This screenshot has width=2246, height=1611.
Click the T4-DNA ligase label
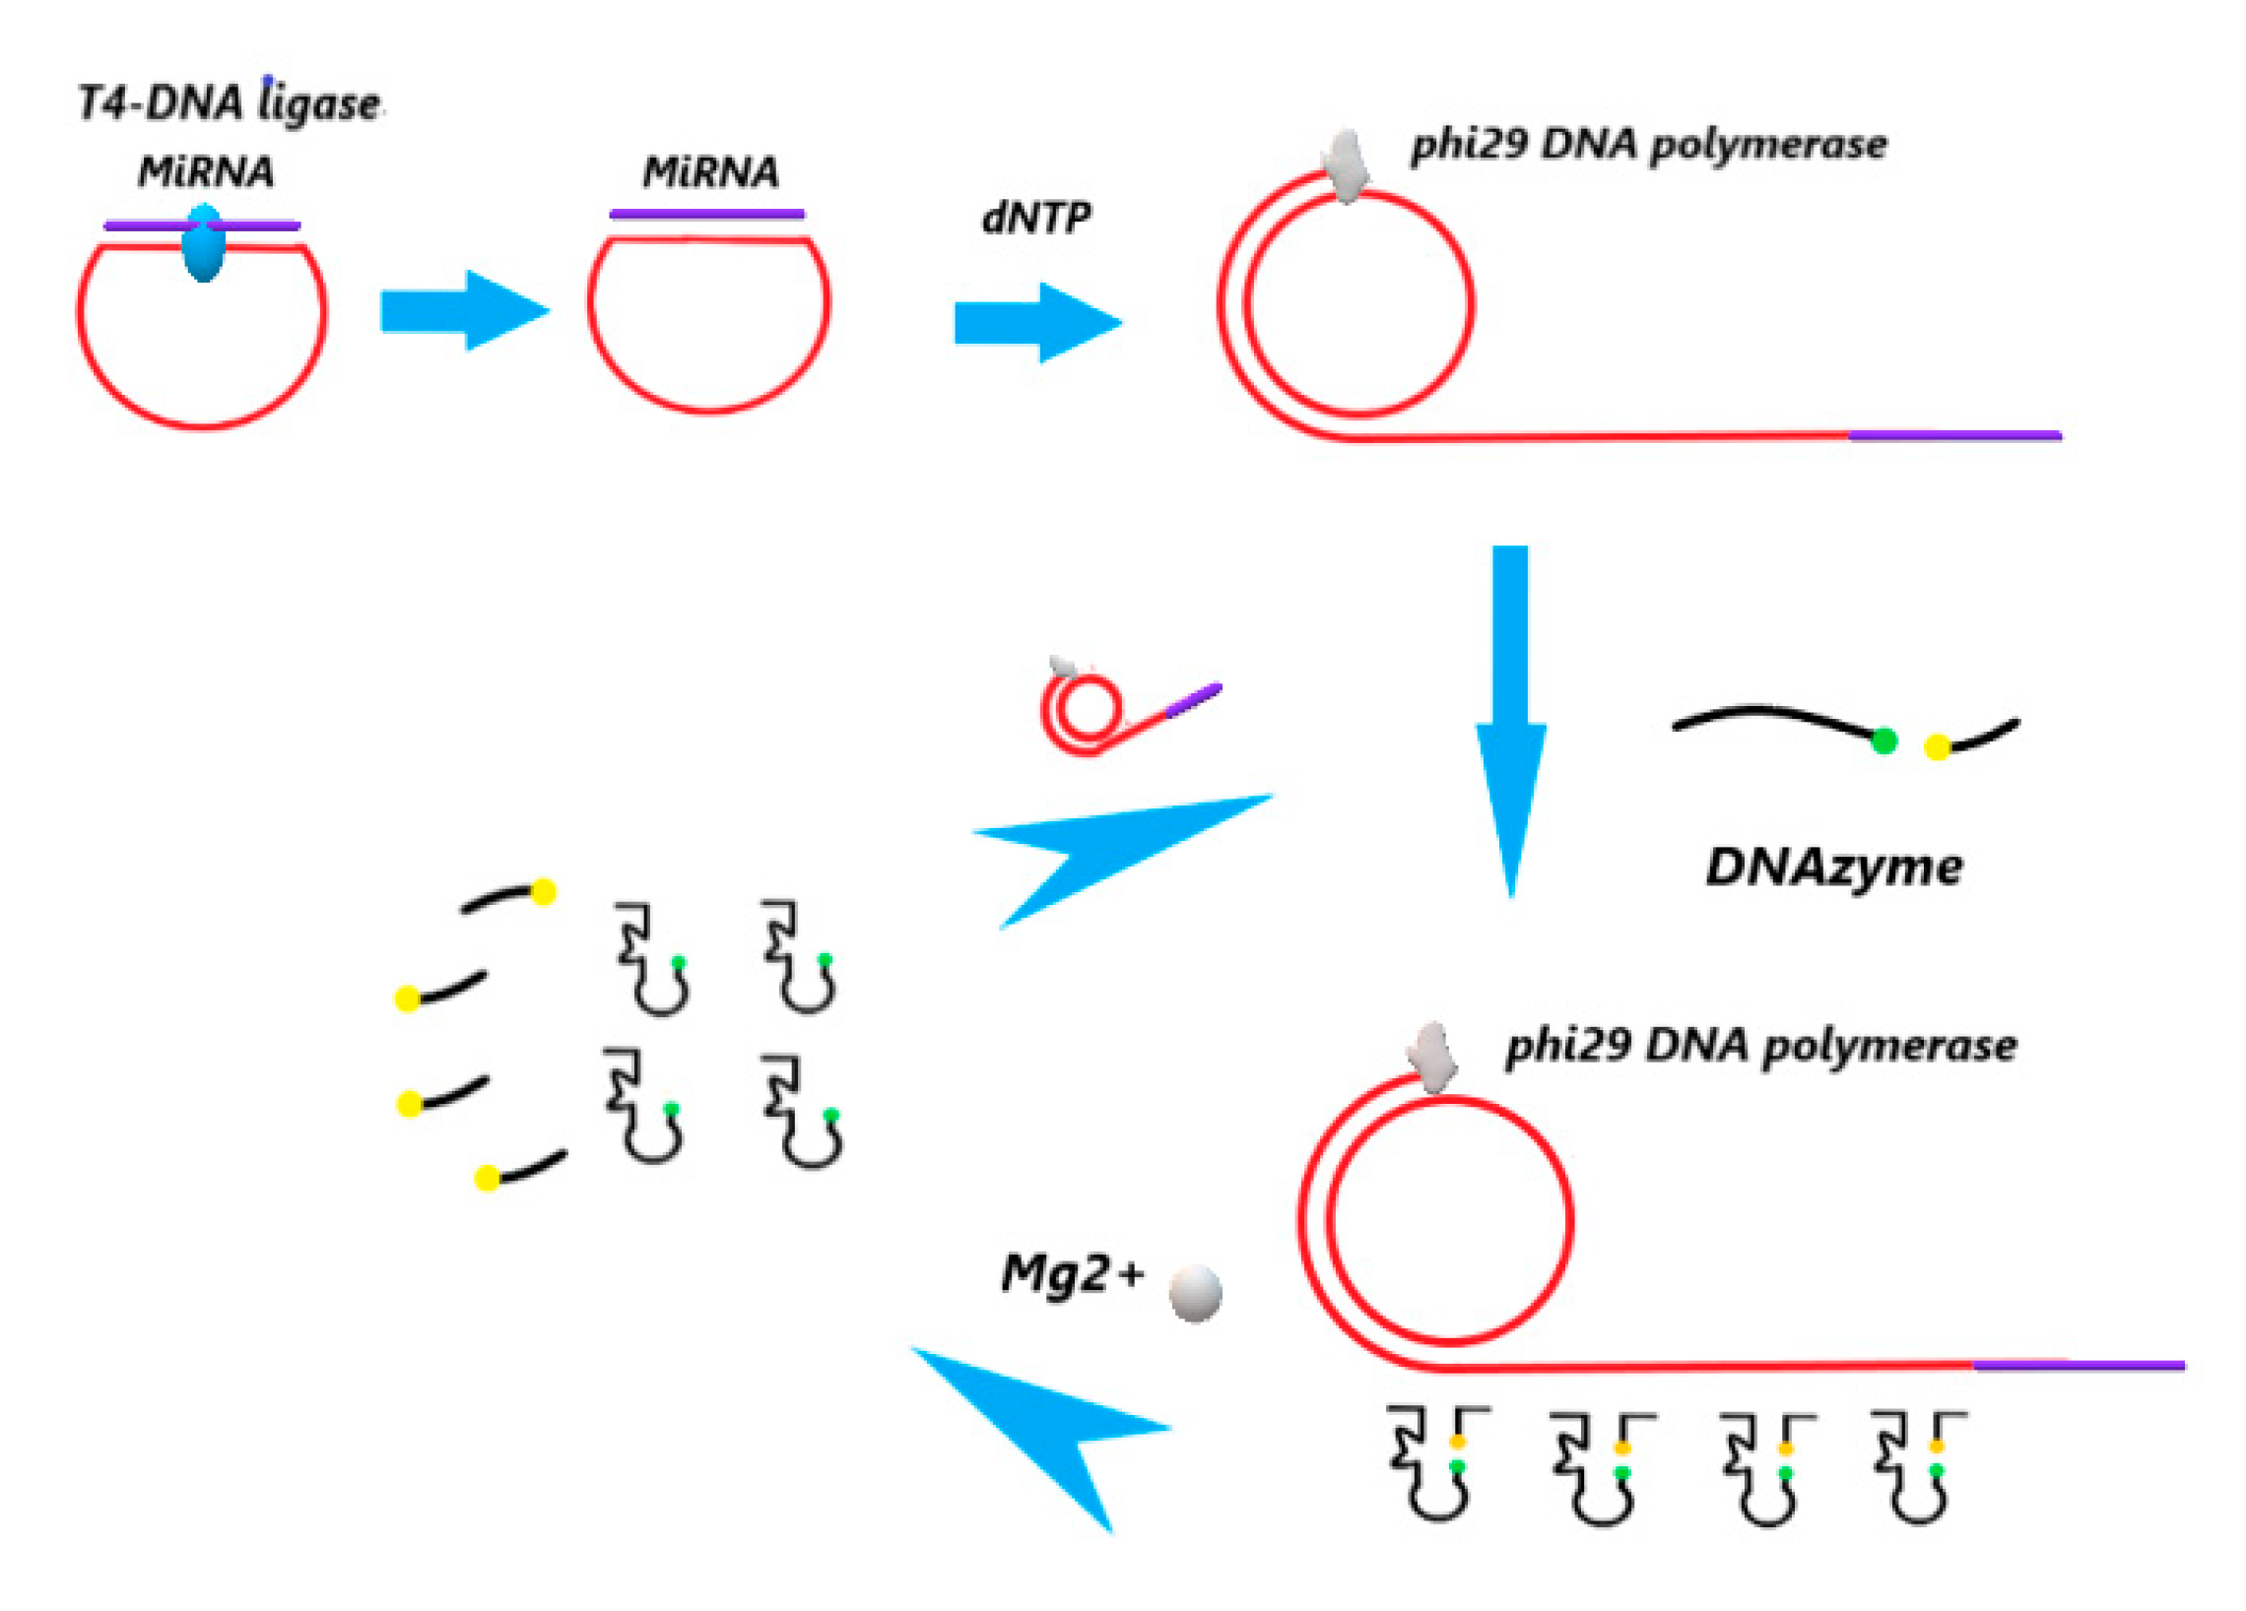pyautogui.click(x=229, y=103)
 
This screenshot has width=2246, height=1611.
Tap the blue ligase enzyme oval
pyautogui.click(x=204, y=243)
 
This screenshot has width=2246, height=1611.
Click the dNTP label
pyautogui.click(x=1036, y=218)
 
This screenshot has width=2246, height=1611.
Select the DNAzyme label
pyautogui.click(x=1834, y=868)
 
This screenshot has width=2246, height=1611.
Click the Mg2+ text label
pyautogui.click(x=1073, y=1273)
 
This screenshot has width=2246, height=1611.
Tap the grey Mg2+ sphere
pyautogui.click(x=1195, y=1293)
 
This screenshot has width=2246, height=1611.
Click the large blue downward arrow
pyautogui.click(x=1510, y=723)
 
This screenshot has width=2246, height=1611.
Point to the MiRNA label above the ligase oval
pyautogui.click(x=206, y=172)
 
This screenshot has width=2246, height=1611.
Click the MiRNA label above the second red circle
pyautogui.click(x=710, y=172)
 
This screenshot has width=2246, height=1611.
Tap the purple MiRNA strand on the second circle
pyautogui.click(x=707, y=214)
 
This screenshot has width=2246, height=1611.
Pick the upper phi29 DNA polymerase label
pyautogui.click(x=1649, y=146)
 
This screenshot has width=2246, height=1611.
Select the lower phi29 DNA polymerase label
pyautogui.click(x=1760, y=1047)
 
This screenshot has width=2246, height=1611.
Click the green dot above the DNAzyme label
pyautogui.click(x=1884, y=741)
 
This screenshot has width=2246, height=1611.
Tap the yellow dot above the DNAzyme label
pyautogui.click(x=1938, y=747)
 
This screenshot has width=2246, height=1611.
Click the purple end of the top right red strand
pyautogui.click(x=1954, y=434)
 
